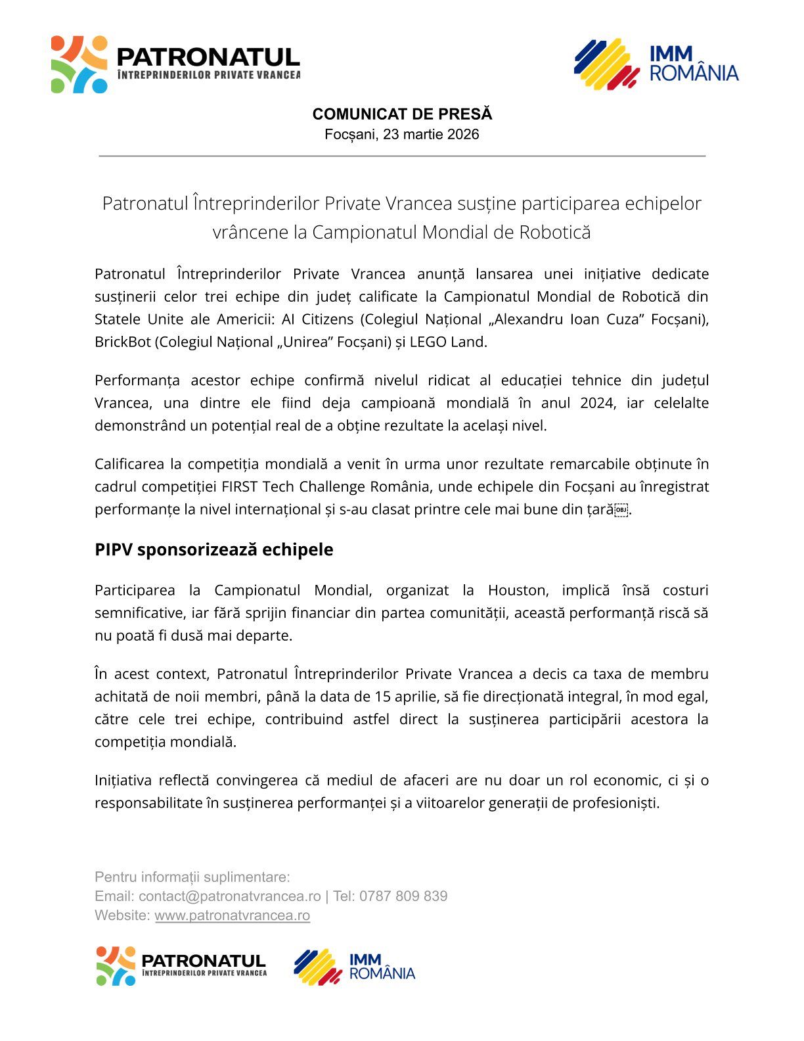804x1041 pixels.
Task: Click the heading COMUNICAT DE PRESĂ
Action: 402,114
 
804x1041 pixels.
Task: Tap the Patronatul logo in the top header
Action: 175,64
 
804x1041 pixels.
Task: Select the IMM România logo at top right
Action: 656,64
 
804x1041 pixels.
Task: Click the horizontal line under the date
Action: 402,156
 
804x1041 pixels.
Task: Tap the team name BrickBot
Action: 122,342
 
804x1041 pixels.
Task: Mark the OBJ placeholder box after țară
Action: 621,510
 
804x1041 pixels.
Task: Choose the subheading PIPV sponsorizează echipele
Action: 213,549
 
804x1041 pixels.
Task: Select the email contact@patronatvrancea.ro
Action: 229,896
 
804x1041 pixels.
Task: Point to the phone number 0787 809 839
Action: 403,896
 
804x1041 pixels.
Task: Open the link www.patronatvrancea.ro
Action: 232,915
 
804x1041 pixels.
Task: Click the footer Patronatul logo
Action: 181,966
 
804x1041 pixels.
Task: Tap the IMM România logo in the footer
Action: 355,966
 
